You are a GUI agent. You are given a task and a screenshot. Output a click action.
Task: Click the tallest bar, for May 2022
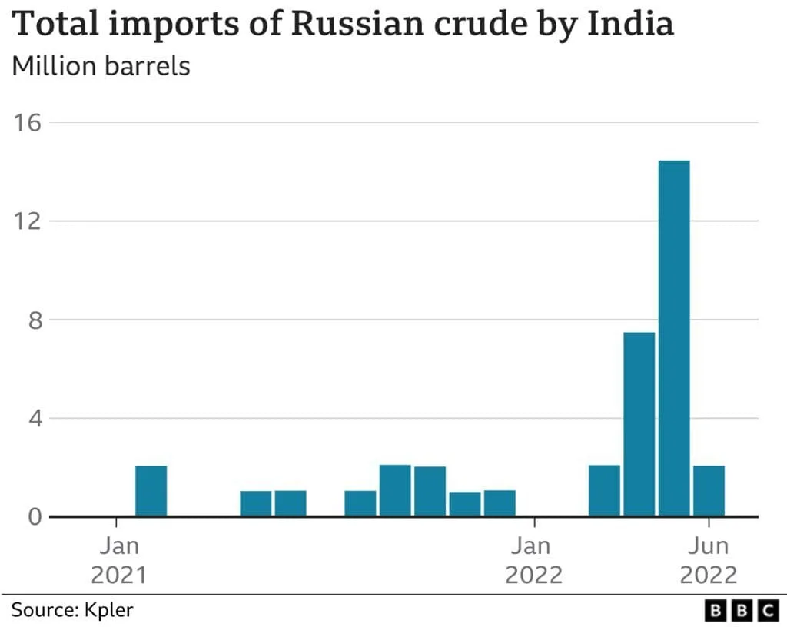(x=674, y=338)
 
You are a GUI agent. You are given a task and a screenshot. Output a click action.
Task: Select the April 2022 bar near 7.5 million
(x=639, y=423)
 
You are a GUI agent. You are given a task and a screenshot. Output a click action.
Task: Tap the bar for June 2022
(x=709, y=490)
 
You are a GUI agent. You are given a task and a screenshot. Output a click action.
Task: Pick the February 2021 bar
(x=151, y=490)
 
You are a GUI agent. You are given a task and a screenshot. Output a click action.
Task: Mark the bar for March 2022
(x=604, y=490)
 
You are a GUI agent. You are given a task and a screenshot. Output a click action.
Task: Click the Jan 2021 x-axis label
(x=118, y=561)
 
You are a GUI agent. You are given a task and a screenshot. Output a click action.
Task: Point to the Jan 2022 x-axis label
(x=534, y=561)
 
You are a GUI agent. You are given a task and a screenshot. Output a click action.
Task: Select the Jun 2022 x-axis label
(x=708, y=561)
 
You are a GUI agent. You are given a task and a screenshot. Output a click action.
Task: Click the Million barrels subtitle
(x=101, y=66)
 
